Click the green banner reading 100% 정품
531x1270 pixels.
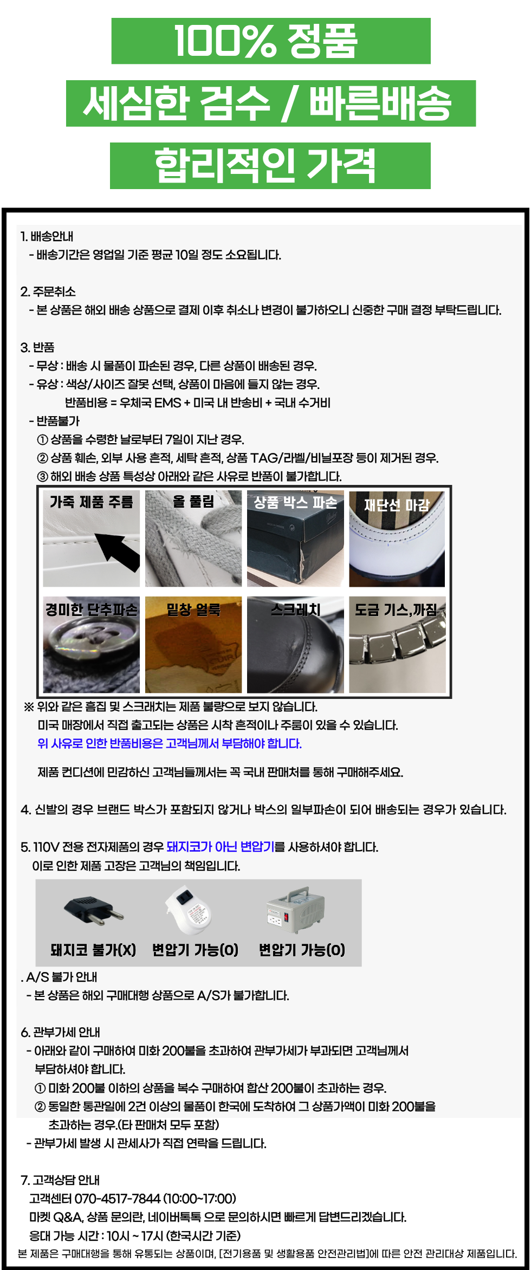point(271,41)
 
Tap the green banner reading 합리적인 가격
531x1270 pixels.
point(270,166)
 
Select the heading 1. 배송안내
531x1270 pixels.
point(47,236)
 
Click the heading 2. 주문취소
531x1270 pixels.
point(48,291)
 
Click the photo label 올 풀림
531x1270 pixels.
point(193,501)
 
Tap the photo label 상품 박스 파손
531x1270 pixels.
point(295,502)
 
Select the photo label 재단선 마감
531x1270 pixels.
point(397,505)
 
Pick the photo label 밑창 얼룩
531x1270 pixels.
point(193,610)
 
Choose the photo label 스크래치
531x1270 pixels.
point(295,610)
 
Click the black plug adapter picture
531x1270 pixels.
point(93,910)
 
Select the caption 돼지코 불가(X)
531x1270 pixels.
point(93,950)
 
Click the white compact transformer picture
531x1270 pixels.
point(189,910)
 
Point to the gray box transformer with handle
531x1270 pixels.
point(295,910)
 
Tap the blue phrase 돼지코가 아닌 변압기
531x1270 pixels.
point(220,847)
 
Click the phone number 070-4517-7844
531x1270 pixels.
point(117,1199)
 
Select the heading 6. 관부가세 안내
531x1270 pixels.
point(60,1032)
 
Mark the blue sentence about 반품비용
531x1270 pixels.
point(170,743)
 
